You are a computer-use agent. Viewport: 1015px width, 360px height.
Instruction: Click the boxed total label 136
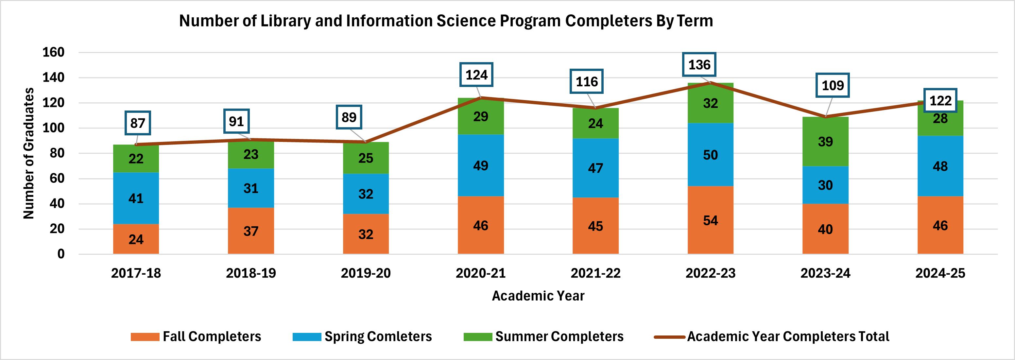click(x=699, y=65)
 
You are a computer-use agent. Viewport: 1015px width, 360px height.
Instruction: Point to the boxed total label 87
click(x=138, y=123)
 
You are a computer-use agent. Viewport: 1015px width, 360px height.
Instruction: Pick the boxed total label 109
click(x=832, y=85)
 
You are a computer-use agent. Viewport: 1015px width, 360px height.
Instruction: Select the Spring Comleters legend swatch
click(x=307, y=337)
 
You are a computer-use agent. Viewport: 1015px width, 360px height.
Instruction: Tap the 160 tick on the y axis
click(x=53, y=52)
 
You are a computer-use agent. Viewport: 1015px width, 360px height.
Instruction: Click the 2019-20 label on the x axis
click(x=365, y=273)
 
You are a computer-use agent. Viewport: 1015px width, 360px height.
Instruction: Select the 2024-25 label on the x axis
click(x=940, y=273)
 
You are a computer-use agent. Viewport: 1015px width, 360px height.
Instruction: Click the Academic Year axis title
click(x=538, y=296)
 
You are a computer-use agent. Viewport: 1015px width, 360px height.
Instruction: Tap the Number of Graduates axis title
click(x=28, y=153)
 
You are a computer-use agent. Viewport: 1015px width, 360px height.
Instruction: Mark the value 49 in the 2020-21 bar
click(x=480, y=165)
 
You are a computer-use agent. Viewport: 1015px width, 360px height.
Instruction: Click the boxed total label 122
click(x=940, y=100)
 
